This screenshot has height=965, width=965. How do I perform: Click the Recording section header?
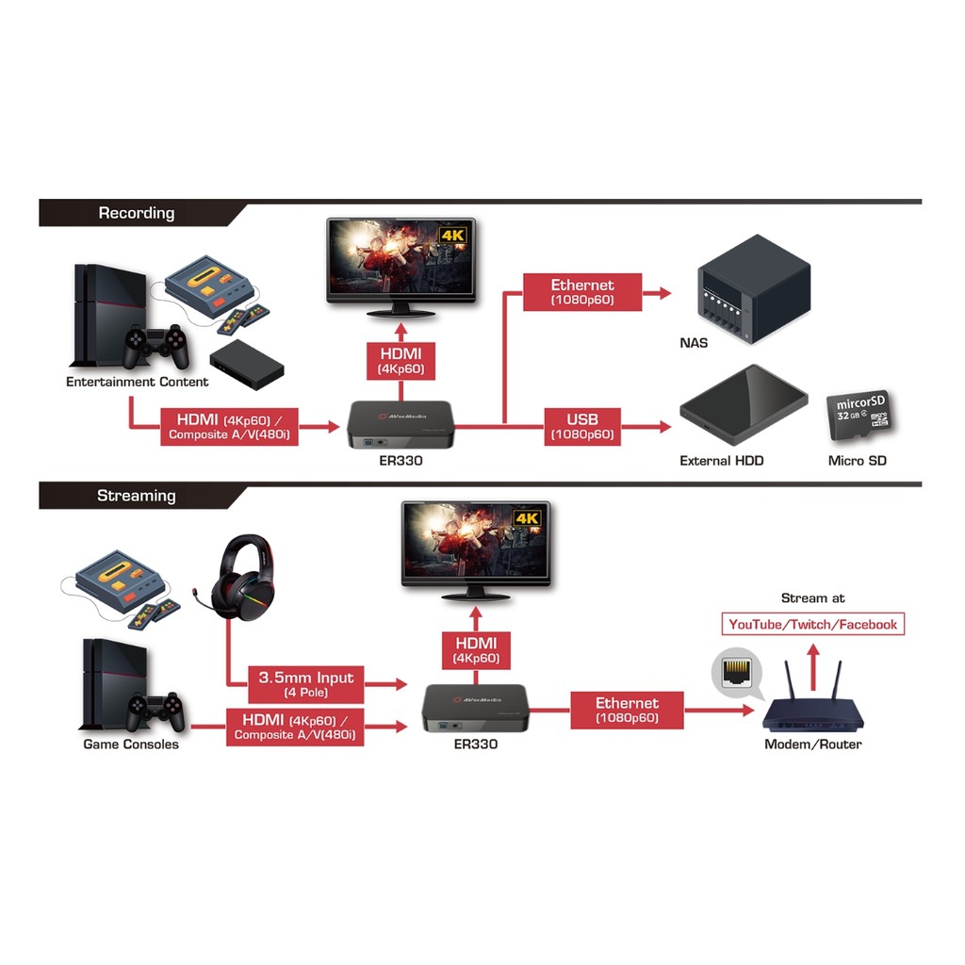coord(137,213)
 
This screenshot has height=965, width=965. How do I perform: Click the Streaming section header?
coord(137,496)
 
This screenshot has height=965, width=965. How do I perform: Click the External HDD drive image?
coord(744,406)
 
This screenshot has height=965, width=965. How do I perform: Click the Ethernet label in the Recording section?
coord(582,291)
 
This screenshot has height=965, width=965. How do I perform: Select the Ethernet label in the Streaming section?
coord(627,710)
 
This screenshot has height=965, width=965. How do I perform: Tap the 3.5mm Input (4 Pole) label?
coord(305,684)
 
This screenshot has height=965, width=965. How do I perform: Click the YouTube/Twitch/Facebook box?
coord(812,624)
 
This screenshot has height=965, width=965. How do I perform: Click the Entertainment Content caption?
coord(138,382)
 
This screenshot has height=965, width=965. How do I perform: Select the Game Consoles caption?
coord(131,744)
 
